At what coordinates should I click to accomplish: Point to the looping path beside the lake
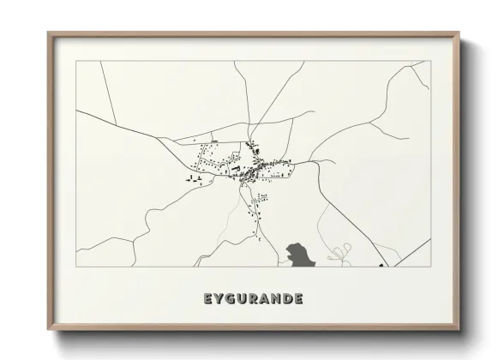coord(340,252)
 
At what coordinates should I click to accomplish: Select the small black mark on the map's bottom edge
coord(381,265)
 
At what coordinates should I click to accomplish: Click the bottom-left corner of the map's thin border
coord(76,267)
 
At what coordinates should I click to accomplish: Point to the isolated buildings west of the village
coord(192,179)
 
